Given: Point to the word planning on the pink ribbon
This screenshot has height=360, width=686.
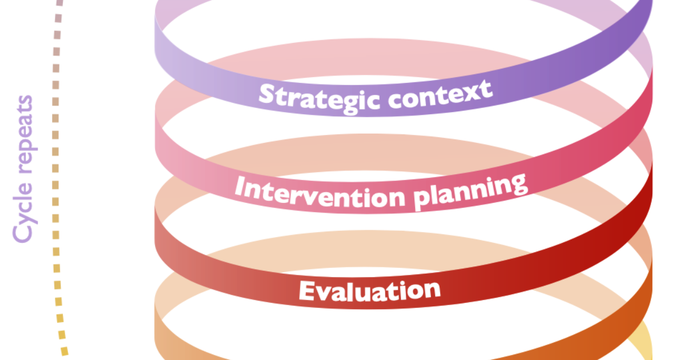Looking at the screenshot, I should coord(469,190).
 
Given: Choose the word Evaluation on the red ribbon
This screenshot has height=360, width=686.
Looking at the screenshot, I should coord(369,290).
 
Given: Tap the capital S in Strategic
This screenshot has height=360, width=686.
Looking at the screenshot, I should coord(266,95).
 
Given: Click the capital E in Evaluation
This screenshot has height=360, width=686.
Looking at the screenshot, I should coord(306,291).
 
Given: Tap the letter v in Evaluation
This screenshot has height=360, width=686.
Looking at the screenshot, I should coord(324,293).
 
